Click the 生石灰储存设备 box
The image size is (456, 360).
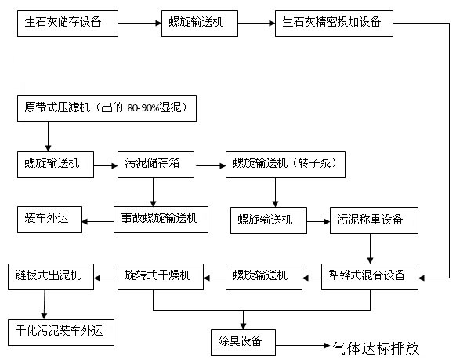(x=67, y=24)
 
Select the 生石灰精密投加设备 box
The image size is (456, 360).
(x=334, y=24)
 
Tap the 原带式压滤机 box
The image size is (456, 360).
(x=107, y=108)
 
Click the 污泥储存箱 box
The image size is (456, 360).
(x=156, y=165)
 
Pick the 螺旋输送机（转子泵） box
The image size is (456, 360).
(x=285, y=165)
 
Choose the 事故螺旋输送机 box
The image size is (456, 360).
(x=161, y=220)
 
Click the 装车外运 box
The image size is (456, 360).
(x=49, y=220)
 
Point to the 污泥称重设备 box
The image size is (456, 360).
(x=374, y=220)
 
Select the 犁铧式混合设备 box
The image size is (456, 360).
(x=369, y=277)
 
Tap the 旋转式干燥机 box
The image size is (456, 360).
(x=161, y=277)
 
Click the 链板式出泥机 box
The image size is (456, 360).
(x=51, y=277)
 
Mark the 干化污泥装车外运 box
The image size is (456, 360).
(x=61, y=333)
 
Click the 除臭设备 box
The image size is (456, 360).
(x=243, y=343)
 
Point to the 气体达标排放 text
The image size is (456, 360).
(x=375, y=348)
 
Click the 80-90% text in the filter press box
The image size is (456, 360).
(x=143, y=108)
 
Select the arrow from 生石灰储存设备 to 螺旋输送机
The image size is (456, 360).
(x=139, y=24)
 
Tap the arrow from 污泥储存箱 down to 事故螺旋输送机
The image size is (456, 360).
(x=153, y=192)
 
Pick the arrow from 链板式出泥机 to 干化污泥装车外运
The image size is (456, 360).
(x=44, y=304)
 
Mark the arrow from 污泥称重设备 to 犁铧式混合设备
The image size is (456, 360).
(x=370, y=249)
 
